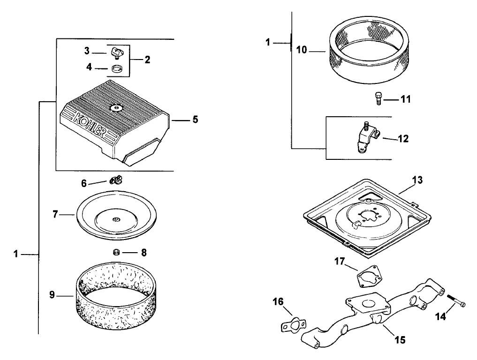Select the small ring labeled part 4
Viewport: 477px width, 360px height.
117,69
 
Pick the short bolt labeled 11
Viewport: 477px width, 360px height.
379,98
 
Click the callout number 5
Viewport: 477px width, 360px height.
195,120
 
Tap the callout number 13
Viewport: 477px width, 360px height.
417,180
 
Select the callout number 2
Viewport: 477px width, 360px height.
147,60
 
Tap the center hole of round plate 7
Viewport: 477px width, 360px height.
115,218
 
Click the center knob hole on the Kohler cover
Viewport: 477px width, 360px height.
115,108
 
